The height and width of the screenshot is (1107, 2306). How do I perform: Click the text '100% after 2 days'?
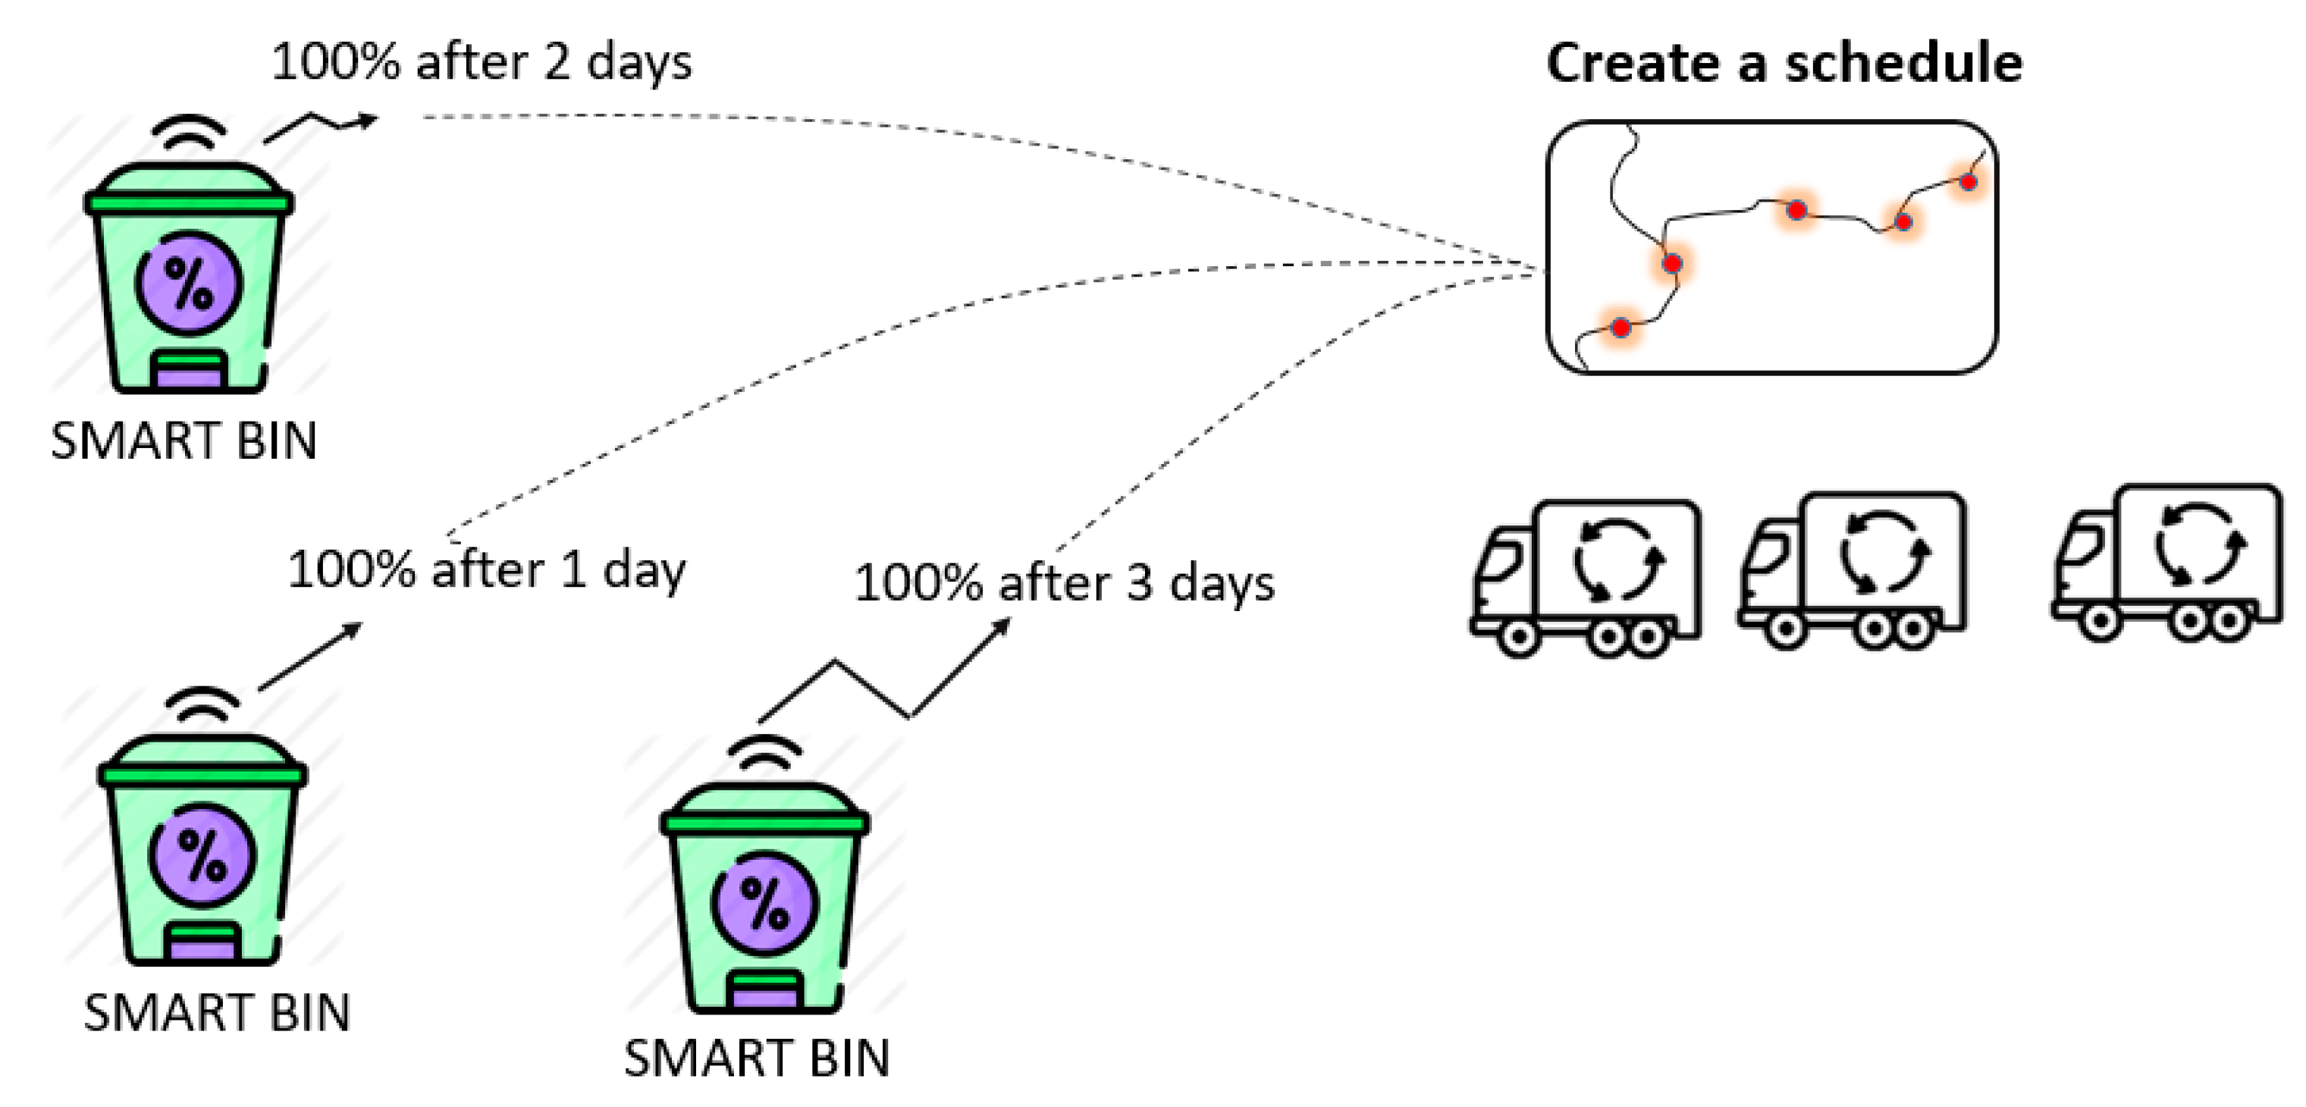[x=482, y=63]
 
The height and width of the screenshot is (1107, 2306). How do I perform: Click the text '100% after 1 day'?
[x=486, y=569]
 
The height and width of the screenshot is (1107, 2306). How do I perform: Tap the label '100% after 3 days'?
[x=1063, y=584]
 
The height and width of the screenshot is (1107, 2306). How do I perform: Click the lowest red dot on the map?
[x=1621, y=328]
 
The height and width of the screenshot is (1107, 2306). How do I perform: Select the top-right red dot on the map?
[x=1969, y=182]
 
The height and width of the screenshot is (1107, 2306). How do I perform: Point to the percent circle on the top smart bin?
[x=189, y=284]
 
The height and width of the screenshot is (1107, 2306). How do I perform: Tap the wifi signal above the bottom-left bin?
[x=203, y=705]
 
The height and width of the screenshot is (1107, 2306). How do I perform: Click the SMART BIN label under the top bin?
[x=184, y=441]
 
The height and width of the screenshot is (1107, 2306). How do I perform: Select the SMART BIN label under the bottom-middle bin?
[x=757, y=1058]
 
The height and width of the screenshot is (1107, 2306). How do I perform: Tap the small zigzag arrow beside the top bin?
[x=321, y=127]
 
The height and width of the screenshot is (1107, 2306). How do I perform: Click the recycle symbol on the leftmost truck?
[x=1618, y=560]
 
